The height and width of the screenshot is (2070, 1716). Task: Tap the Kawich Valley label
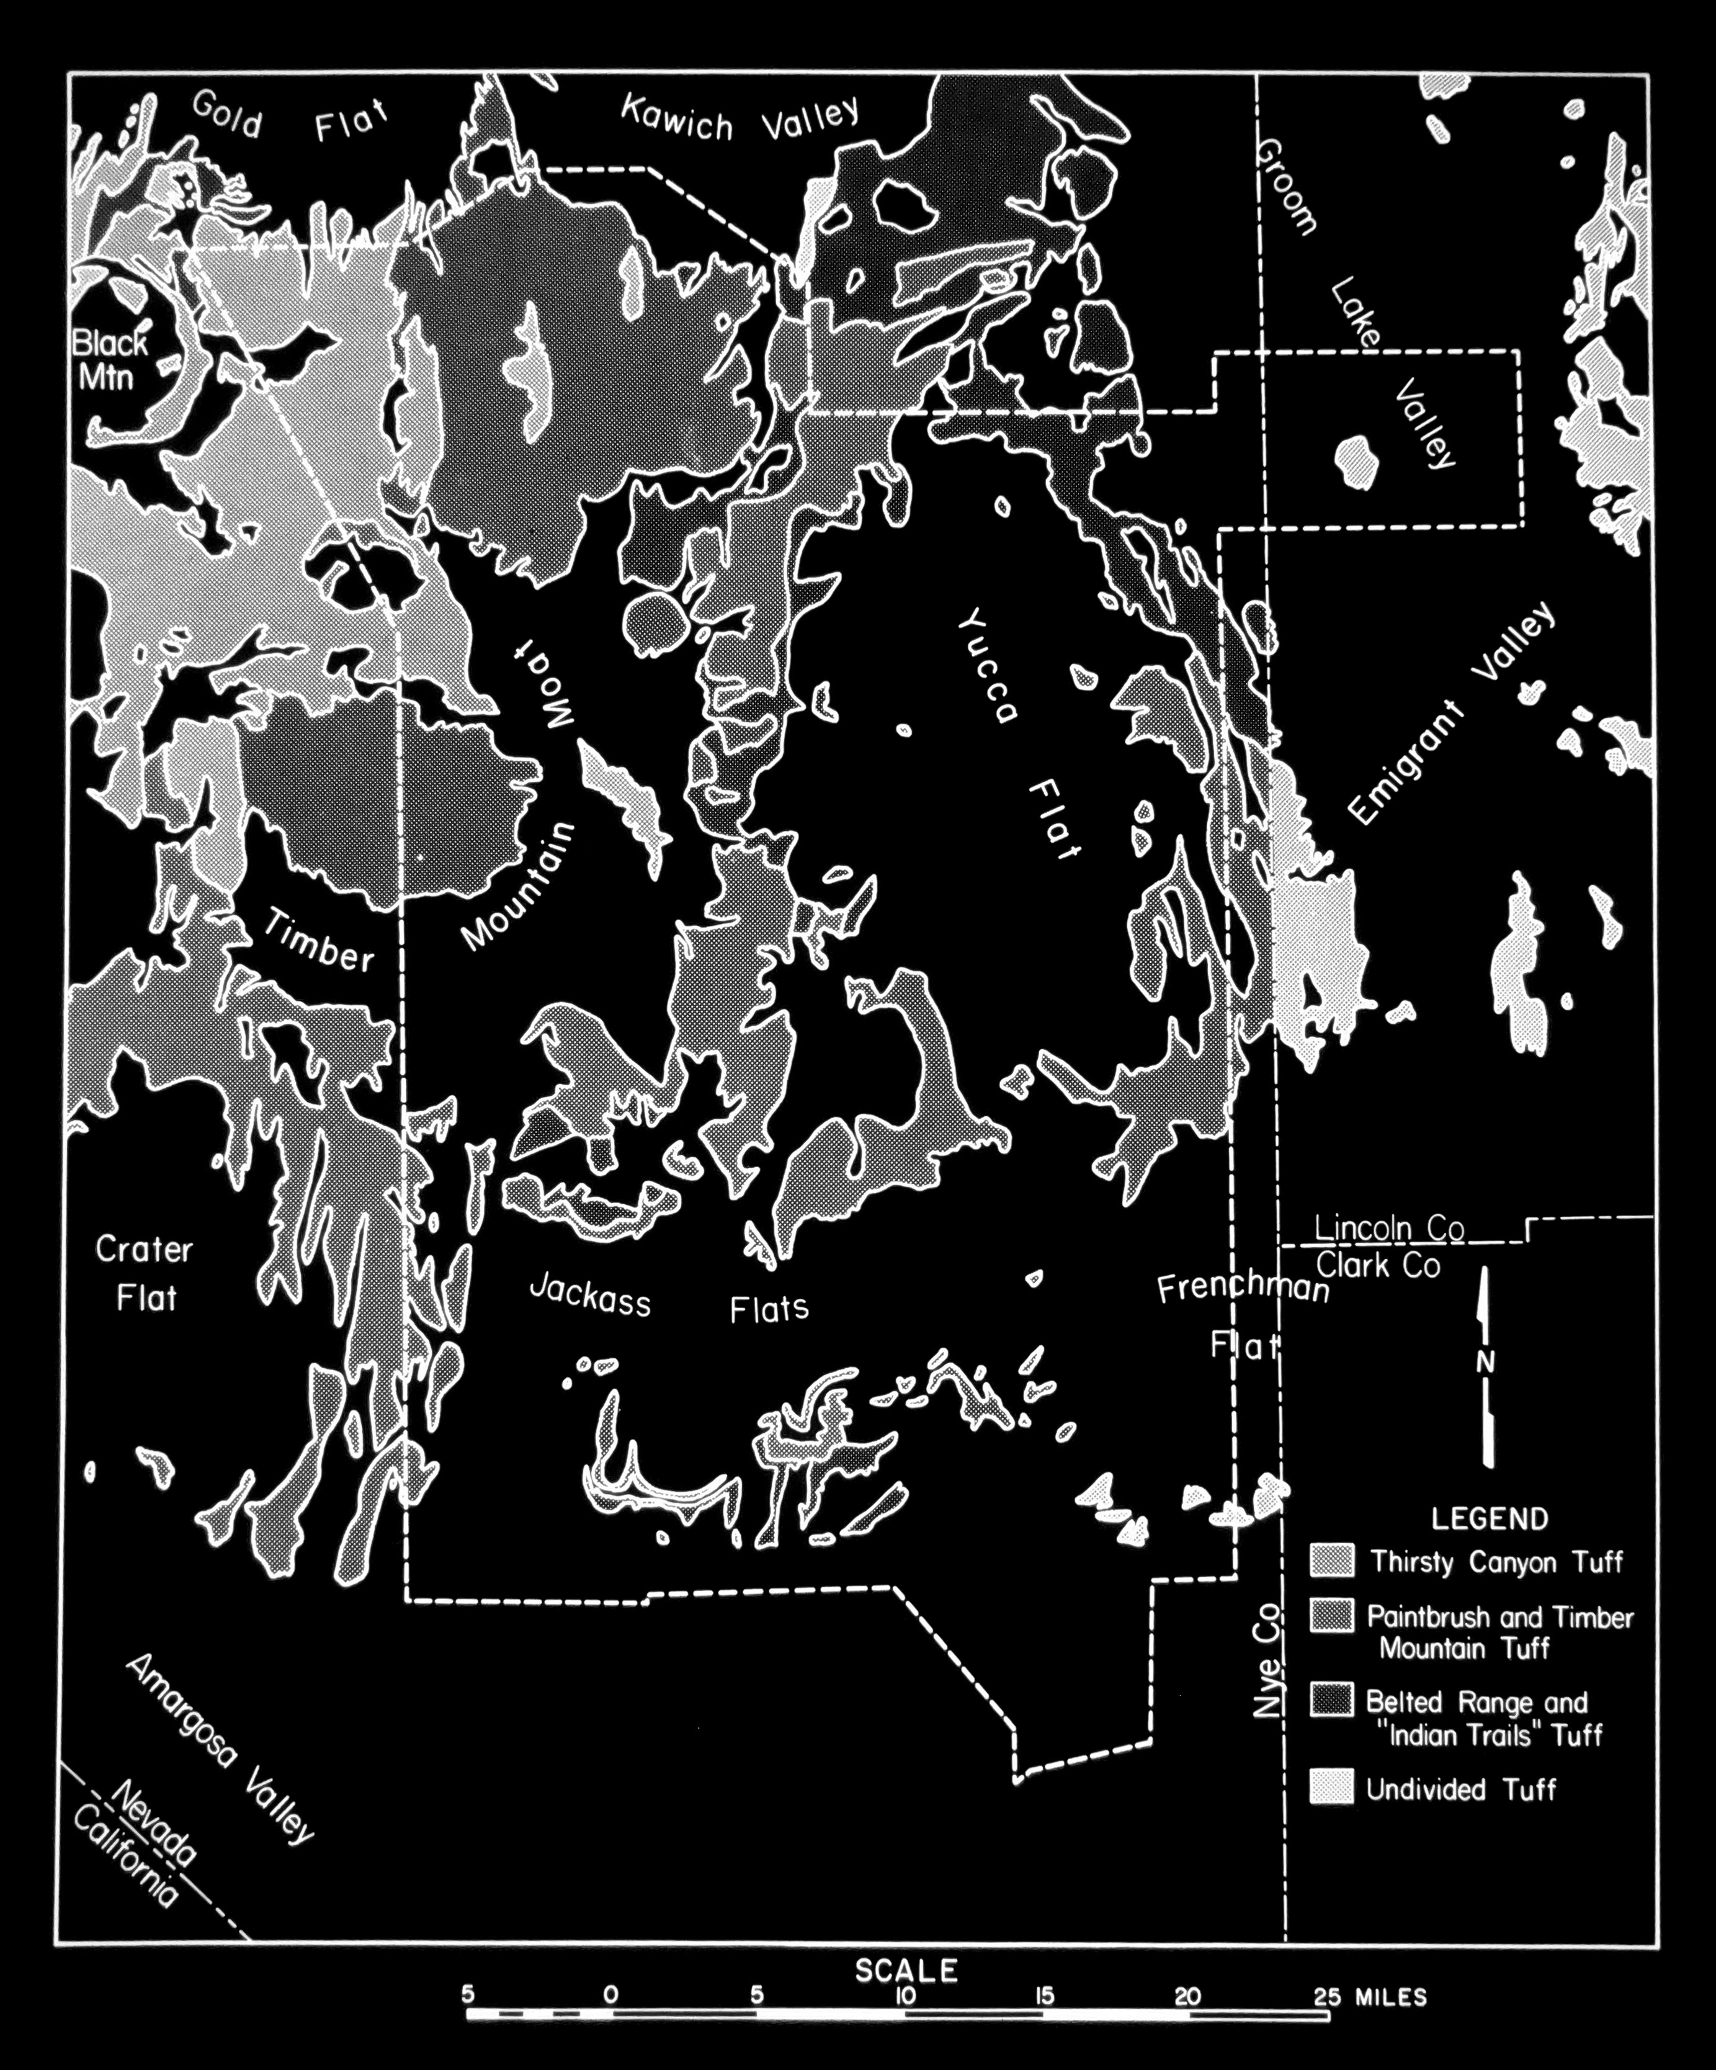[x=740, y=119]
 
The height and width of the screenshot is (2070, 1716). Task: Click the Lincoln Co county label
[x=1389, y=1229]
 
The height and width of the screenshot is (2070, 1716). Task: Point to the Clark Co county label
[x=1379, y=1266]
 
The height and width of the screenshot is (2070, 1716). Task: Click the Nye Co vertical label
[x=1269, y=1661]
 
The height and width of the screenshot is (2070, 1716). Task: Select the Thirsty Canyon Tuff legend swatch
[x=1331, y=1561]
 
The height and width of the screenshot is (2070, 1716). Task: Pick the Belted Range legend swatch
[x=1331, y=1700]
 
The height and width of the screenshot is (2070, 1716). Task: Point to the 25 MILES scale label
[x=1370, y=1998]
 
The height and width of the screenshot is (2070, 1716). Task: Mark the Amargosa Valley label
[x=219, y=1749]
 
